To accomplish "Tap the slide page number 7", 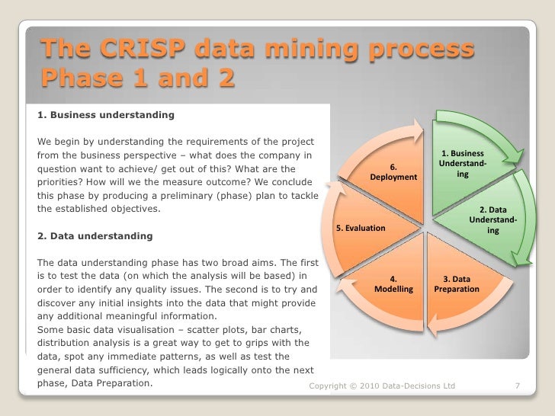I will [x=518, y=386].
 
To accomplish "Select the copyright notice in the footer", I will [x=382, y=386].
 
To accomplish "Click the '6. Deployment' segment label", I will [x=393, y=171].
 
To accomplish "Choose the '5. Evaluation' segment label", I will [x=361, y=229].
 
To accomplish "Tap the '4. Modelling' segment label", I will [x=393, y=284].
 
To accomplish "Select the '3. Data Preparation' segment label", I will [x=457, y=284].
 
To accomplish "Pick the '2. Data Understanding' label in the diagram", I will [x=493, y=220].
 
